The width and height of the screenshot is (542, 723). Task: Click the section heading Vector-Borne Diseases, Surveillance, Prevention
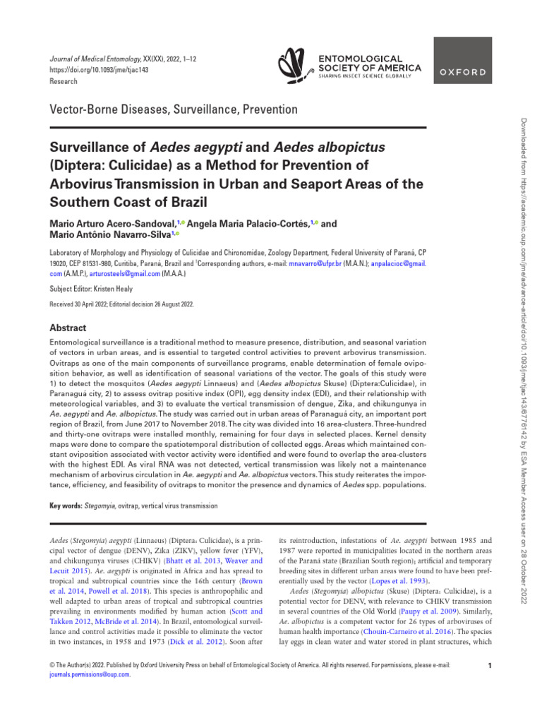click(x=173, y=109)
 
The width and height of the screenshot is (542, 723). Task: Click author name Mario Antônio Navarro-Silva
click(x=109, y=235)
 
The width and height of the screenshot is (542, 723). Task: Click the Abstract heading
click(x=68, y=328)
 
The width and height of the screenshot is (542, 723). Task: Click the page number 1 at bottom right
click(x=489, y=666)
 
